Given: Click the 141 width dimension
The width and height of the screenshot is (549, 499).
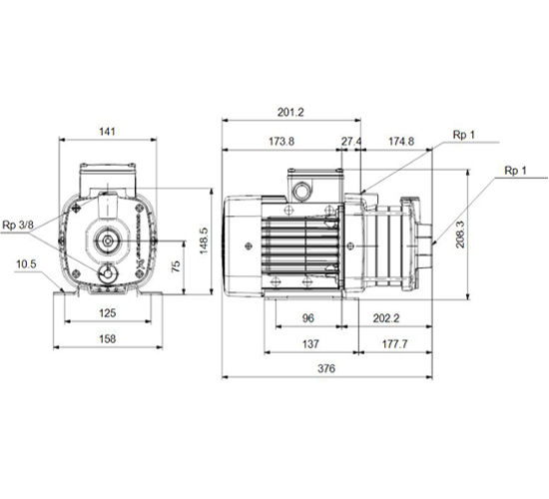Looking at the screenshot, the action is (107, 132).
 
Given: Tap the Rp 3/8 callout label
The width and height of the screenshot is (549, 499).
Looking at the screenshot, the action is (18, 225).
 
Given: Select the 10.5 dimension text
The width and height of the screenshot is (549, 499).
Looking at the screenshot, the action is (26, 264).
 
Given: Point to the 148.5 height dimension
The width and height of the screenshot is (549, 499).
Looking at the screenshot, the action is (204, 241).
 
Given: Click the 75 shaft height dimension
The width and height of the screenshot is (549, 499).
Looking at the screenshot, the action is (176, 265).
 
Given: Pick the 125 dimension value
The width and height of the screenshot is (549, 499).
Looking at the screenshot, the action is (108, 312).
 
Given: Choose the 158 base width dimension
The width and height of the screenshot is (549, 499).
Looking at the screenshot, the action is (108, 338).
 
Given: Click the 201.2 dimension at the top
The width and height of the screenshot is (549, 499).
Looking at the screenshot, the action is (290, 112).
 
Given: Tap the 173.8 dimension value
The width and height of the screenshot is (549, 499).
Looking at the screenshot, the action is (281, 141).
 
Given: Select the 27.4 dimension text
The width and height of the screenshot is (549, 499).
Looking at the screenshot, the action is (351, 141).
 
